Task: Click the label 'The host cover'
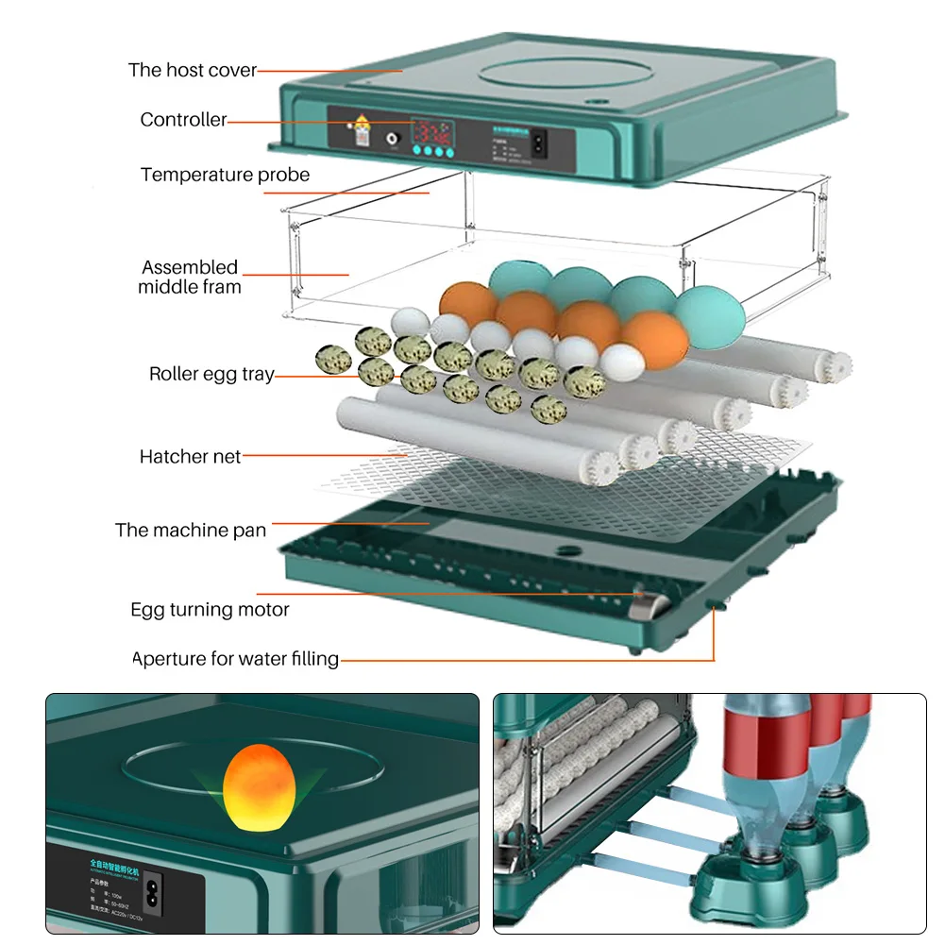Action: (x=192, y=70)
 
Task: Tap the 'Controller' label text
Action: (x=183, y=120)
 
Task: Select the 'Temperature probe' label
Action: (x=225, y=175)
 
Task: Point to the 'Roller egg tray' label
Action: (x=211, y=374)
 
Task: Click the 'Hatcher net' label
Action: (x=190, y=457)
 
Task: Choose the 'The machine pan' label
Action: (x=191, y=530)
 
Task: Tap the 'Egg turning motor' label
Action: (x=210, y=610)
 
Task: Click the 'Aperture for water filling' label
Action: (x=235, y=659)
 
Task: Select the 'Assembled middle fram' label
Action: (x=190, y=277)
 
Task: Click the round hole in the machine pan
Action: (x=565, y=549)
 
